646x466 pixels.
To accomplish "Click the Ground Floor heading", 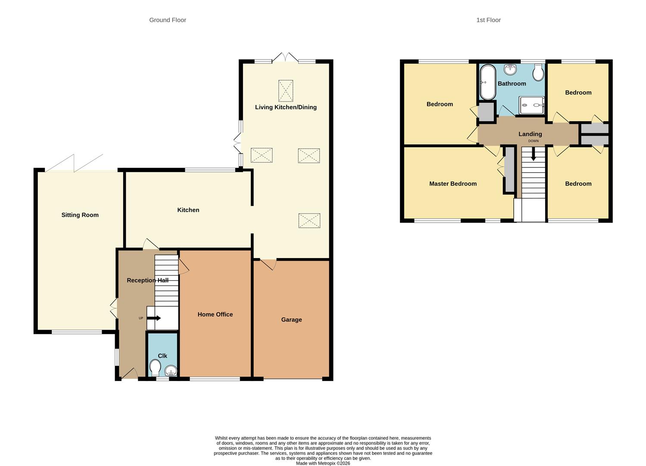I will (168, 20).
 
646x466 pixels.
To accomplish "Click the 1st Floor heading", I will (488, 20).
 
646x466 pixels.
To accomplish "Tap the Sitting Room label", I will (80, 215).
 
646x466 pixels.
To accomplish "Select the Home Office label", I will (215, 315).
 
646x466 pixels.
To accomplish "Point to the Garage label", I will (291, 320).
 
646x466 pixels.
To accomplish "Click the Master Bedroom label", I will (453, 184).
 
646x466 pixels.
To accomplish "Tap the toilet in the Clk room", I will (155, 368).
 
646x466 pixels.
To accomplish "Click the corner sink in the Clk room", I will (171, 371).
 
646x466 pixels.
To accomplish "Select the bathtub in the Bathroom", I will (488, 82).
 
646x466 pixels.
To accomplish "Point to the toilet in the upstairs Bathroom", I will (538, 72).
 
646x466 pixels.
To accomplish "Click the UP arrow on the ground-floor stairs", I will (154, 318).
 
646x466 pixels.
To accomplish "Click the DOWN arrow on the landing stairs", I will (533, 154).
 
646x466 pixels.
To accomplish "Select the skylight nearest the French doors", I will (285, 91).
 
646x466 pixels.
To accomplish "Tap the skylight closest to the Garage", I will (309, 220).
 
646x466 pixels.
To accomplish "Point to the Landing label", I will (530, 134).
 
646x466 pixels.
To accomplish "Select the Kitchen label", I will (188, 210).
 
